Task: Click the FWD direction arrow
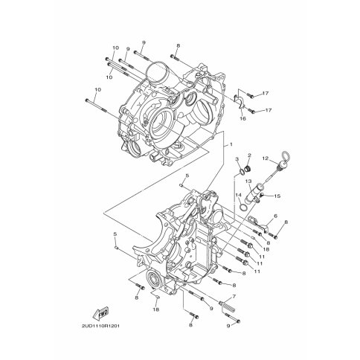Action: tap(101, 313)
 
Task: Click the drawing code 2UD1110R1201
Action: tap(100, 326)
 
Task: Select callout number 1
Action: tap(231, 144)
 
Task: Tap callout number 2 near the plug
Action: tap(249, 155)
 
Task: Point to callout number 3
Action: tap(237, 158)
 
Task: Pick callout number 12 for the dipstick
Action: tap(266, 158)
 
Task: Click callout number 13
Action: tap(248, 181)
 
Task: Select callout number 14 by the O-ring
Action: tap(238, 196)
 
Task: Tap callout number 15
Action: tap(277, 196)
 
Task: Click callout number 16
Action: tap(242, 118)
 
